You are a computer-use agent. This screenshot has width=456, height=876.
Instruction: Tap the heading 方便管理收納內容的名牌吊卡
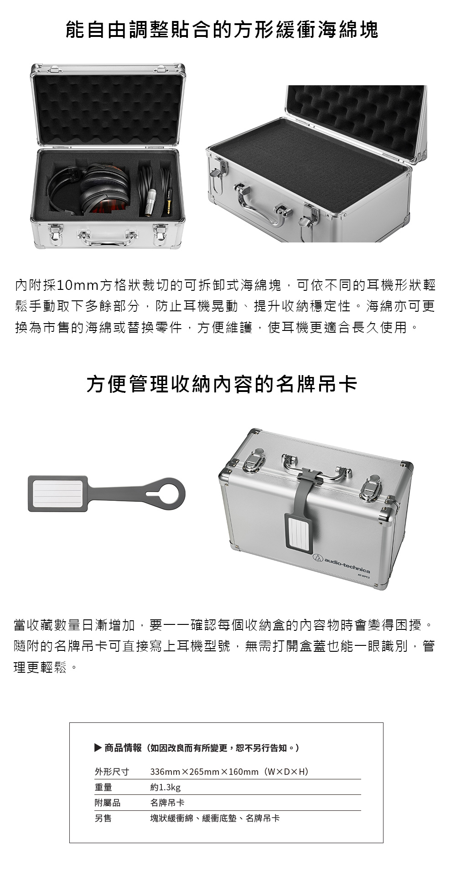point(222,384)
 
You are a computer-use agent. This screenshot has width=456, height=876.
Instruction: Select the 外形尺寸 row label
point(112,772)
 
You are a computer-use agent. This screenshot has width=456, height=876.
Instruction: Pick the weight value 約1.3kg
point(166,787)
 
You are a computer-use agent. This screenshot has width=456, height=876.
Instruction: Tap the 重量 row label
point(103,787)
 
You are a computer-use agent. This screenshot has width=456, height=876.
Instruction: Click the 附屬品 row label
point(108,803)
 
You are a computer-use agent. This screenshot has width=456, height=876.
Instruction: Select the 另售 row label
point(103,818)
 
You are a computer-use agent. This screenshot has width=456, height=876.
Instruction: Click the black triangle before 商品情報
point(98,747)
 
